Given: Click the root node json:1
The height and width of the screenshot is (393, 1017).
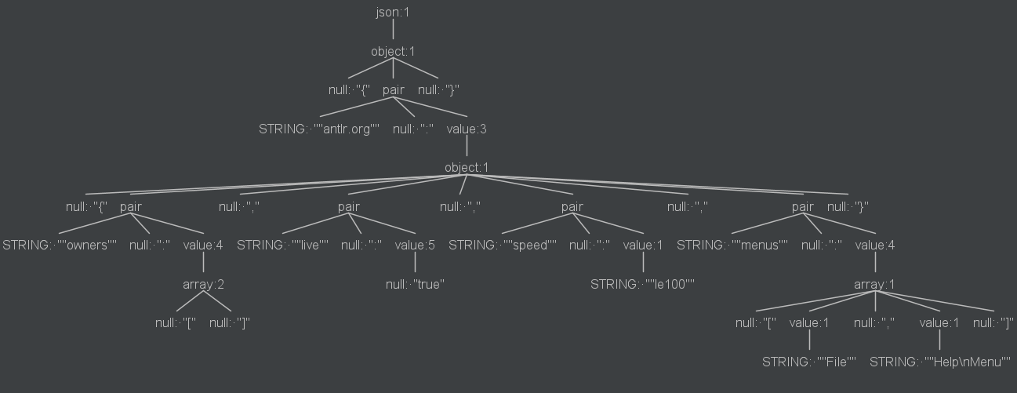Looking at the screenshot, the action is pos(393,13).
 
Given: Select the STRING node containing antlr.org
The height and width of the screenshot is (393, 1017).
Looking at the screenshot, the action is pos(319,129).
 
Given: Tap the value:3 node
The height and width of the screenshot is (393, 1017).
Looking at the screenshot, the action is pos(467,129).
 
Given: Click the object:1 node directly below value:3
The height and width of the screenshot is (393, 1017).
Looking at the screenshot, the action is pos(467,167).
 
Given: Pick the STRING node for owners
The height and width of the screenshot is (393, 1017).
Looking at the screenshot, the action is pos(60,245).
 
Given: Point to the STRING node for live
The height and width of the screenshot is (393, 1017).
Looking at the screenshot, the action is pos(283,245).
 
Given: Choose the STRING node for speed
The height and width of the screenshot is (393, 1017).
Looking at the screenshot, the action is pos(503,245).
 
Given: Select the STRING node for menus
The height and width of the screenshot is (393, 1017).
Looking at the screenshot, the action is pos(732,245).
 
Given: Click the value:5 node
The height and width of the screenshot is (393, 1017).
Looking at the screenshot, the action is pos(415,245).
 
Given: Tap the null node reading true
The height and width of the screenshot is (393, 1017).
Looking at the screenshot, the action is pos(415,284).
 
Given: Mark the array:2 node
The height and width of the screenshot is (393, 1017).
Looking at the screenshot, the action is pos(203,284).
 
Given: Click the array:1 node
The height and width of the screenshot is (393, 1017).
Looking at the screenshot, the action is pos(874,284).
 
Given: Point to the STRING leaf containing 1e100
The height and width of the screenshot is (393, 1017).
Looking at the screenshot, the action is pos(643,284).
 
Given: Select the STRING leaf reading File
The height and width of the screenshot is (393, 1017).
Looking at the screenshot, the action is pos(809,362).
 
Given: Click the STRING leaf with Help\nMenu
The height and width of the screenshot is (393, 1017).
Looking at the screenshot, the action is pos(940,362).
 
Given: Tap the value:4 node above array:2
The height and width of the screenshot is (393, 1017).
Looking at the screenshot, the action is pos(203,245).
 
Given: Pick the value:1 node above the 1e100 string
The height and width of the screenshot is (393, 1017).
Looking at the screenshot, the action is pos(643,245).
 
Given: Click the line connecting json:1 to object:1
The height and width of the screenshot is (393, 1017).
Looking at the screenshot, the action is pos(393,31).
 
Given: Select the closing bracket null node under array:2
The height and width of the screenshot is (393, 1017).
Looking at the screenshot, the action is pos(230,322).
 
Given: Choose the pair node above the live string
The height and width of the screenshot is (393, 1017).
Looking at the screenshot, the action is pos(349,207).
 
